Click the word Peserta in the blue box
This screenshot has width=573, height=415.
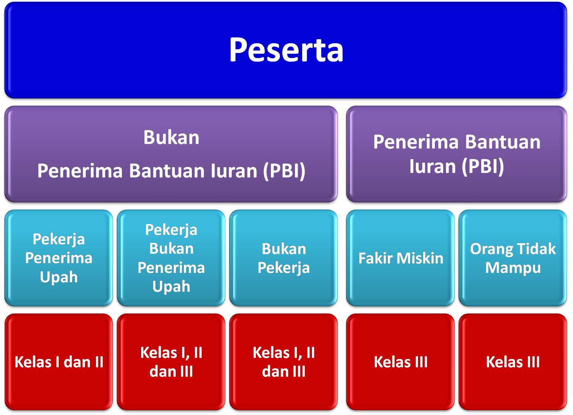click(286, 50)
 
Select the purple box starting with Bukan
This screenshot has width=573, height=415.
click(171, 154)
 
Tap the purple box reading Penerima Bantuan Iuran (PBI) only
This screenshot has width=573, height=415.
click(457, 154)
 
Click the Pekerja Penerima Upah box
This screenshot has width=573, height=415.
click(59, 258)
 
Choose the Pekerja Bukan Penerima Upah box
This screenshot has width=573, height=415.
click(171, 258)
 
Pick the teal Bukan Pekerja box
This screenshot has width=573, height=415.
click(283, 258)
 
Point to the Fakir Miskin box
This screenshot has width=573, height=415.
click(400, 258)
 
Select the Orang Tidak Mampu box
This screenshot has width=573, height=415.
click(513, 258)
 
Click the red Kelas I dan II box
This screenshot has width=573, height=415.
click(59, 362)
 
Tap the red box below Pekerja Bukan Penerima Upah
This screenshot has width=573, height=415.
click(171, 362)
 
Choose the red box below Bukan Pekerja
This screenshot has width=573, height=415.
click(283, 362)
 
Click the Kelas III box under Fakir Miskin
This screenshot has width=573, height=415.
click(400, 362)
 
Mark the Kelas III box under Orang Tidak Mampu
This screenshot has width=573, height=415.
click(513, 362)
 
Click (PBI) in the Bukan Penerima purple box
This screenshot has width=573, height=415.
click(284, 171)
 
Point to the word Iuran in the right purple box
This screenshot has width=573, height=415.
click(433, 167)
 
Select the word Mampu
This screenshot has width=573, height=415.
click(513, 268)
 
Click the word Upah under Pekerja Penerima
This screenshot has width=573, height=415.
click(59, 277)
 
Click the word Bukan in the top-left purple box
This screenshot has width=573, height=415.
click(171, 138)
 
